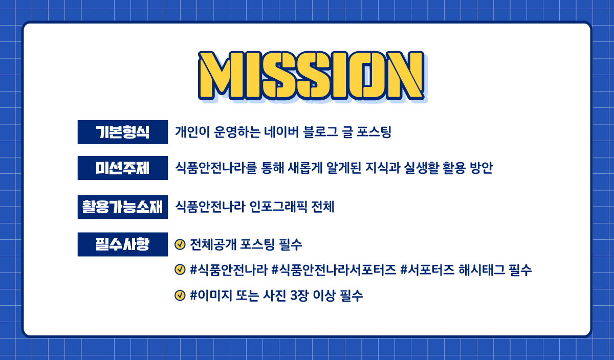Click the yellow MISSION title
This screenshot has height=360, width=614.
[312, 75]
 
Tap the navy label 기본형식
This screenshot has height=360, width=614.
[122, 132]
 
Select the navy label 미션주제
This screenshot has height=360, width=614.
[122, 168]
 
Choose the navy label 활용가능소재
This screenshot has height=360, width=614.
[122, 207]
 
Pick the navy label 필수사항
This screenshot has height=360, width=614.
[122, 244]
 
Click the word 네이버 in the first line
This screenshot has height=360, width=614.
[281, 132]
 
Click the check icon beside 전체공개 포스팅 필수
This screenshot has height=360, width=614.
[180, 244]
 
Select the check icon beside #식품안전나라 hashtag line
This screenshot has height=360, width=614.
[180, 269]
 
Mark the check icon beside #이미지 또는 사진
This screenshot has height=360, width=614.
[180, 296]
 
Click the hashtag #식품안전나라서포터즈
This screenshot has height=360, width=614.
[334, 270]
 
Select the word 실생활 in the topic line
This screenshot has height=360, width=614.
[421, 168]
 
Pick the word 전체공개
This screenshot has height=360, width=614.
[213, 244]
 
